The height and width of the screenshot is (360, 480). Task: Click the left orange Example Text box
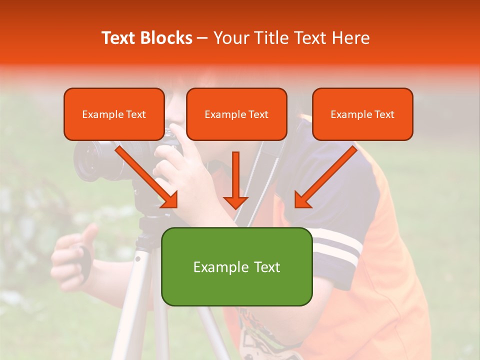click(114, 114)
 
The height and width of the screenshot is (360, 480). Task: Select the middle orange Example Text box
click(236, 114)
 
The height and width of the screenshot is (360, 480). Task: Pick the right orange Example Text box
click(362, 114)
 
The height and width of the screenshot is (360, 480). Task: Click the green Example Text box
click(236, 266)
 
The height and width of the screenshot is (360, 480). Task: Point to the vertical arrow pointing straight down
click(235, 180)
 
